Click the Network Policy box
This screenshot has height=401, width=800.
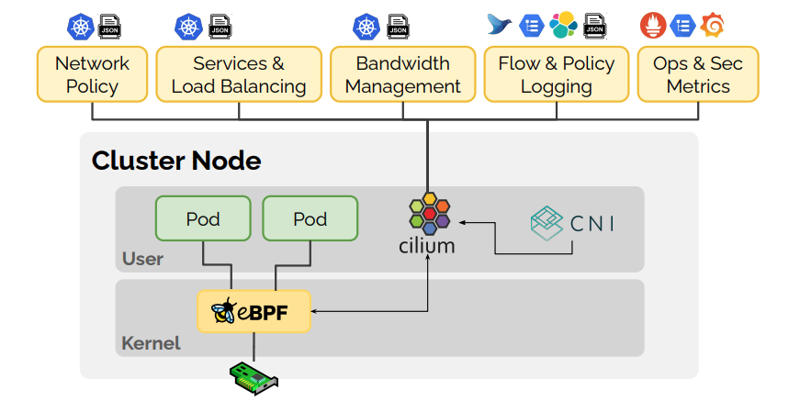click(92, 75)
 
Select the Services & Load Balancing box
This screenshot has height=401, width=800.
click(239, 75)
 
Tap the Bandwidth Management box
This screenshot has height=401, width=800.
click(402, 75)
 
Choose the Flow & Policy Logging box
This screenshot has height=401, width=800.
click(556, 75)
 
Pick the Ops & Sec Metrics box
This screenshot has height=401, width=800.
click(698, 75)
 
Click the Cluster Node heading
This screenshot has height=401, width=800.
click(176, 162)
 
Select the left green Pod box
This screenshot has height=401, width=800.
click(203, 219)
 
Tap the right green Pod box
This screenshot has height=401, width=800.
click(310, 219)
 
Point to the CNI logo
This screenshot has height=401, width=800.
click(572, 223)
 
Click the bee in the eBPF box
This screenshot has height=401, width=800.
click(224, 313)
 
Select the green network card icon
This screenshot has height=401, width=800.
click(254, 375)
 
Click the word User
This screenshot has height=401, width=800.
click(142, 259)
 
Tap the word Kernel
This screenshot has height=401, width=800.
click(151, 344)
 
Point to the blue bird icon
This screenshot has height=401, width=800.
click(501, 26)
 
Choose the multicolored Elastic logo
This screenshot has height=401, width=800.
click(563, 26)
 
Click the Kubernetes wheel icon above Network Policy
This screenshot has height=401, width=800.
click(80, 26)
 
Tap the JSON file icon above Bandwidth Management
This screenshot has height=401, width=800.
click(398, 26)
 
